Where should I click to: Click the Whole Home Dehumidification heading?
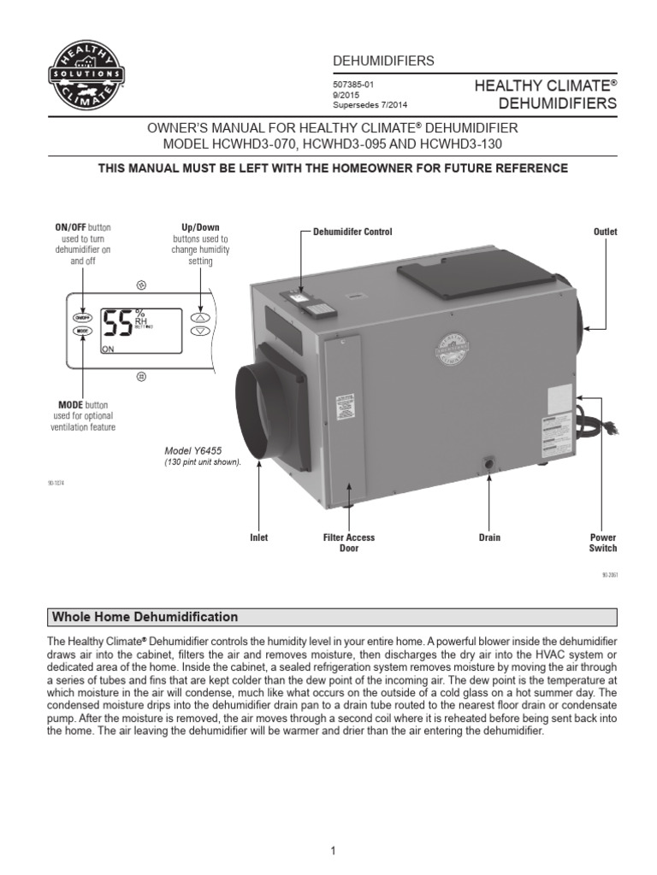(x=145, y=617)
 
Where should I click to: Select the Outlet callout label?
(x=605, y=232)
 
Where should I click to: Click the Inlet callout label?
(x=258, y=537)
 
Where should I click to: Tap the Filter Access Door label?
(x=349, y=543)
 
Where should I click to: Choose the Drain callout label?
(x=489, y=537)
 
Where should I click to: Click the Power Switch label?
(x=603, y=543)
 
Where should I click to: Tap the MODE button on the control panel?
(x=82, y=330)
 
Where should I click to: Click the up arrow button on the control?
(x=199, y=314)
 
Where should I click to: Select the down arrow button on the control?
(x=199, y=330)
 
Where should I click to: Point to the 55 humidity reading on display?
(x=116, y=323)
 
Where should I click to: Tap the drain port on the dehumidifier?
(x=490, y=463)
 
